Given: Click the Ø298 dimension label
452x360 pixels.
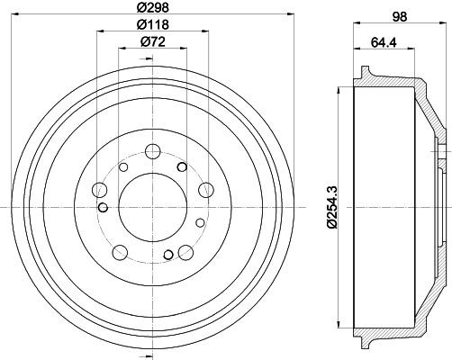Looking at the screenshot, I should click(x=149, y=7).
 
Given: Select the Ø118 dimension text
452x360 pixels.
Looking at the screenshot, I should click(x=149, y=24).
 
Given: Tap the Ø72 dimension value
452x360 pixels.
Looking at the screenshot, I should click(x=149, y=41).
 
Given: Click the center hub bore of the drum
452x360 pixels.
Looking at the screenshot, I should click(x=152, y=210).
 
